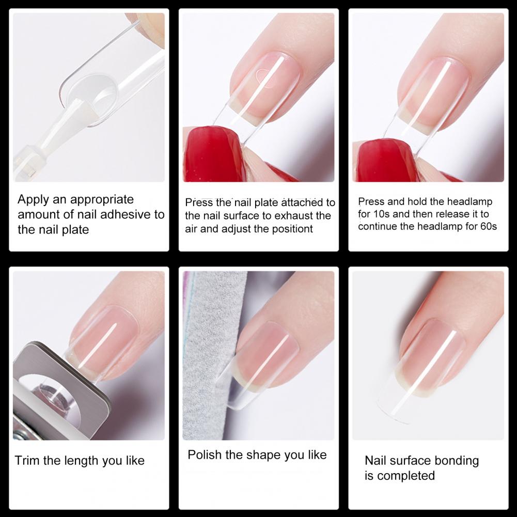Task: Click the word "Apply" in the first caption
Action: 33,200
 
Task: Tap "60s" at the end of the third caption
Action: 489,226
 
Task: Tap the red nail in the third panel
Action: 386,160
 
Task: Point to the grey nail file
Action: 211,355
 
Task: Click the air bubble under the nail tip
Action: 265,78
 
